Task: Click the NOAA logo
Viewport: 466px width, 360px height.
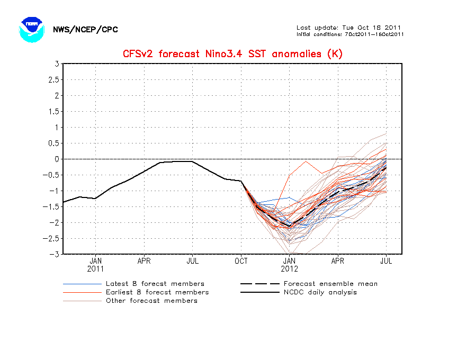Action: pyautogui.click(x=30, y=29)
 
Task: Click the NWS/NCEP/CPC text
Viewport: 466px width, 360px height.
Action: pyautogui.click(x=85, y=30)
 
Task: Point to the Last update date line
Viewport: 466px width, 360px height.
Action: pyautogui.click(x=349, y=28)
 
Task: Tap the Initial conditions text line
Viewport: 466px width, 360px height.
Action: pyautogui.click(x=351, y=34)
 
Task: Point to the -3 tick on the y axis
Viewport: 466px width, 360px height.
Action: pyautogui.click(x=55, y=254)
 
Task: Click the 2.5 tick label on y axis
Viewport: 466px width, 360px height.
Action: pyautogui.click(x=52, y=80)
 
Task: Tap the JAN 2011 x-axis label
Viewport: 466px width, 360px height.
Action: pyautogui.click(x=95, y=264)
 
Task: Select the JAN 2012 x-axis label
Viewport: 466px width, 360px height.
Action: pyautogui.click(x=289, y=264)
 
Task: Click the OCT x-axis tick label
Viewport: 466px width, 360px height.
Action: pyautogui.click(x=241, y=261)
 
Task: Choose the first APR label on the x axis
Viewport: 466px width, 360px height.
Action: pyautogui.click(x=144, y=261)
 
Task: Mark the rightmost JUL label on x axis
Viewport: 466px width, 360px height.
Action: pyautogui.click(x=386, y=261)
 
